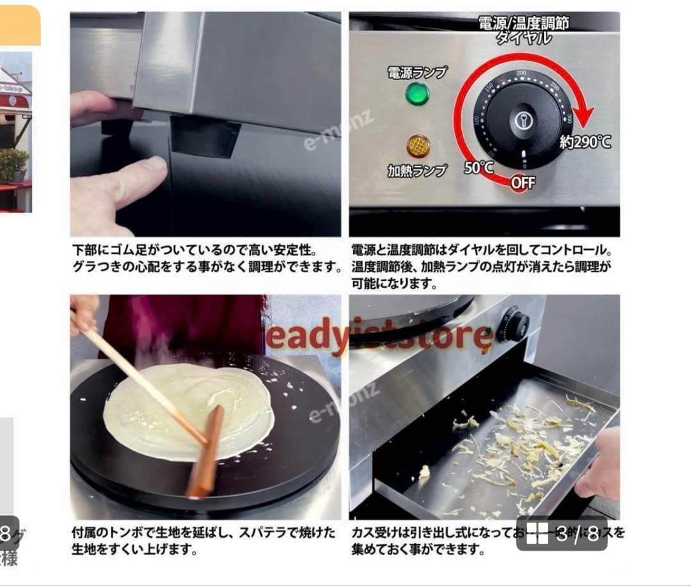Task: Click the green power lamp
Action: click(x=417, y=94)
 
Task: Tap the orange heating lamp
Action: click(x=417, y=147)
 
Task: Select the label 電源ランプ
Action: click(x=417, y=72)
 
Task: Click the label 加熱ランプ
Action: click(x=417, y=171)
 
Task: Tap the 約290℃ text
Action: click(x=585, y=142)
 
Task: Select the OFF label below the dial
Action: click(x=523, y=183)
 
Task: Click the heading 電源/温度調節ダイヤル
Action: click(x=523, y=29)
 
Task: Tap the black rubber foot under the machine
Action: click(x=205, y=136)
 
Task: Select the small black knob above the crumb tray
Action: click(x=513, y=323)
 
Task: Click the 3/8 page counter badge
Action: click(x=561, y=533)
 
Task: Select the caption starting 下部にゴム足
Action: click(x=205, y=257)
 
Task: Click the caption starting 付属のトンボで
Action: click(x=205, y=541)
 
